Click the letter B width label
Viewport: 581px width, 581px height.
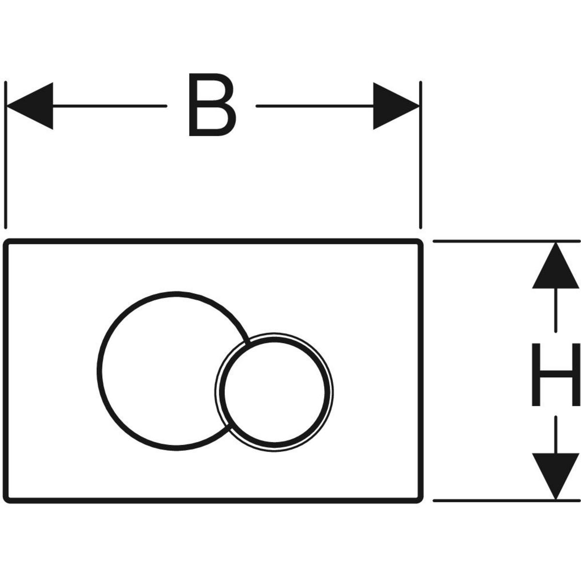coord(212,105)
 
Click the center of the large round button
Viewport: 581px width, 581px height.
coord(167,370)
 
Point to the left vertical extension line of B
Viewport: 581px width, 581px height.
coord(6,155)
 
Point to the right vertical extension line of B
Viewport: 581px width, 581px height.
coord(421,155)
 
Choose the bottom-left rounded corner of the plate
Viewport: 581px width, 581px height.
coord(8,499)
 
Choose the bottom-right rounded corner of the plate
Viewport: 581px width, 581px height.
coord(419,499)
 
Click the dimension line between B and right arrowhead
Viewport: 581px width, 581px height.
coord(315,106)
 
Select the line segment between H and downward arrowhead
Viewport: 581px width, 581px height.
coord(556,433)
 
